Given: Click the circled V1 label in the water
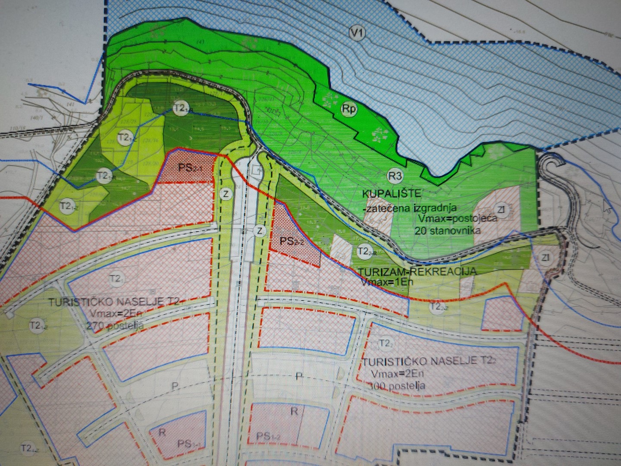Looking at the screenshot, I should pyautogui.click(x=356, y=33).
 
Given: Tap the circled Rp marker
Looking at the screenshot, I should pyautogui.click(x=349, y=109).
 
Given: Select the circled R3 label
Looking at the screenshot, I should pyautogui.click(x=395, y=176).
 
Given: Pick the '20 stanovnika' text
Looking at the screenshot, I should pyautogui.click(x=448, y=230).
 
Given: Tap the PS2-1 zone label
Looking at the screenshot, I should pyautogui.click(x=190, y=167).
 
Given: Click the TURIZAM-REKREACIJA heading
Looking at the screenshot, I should pyautogui.click(x=417, y=271).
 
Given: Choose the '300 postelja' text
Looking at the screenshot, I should pyautogui.click(x=397, y=386).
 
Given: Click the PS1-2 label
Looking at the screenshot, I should pyautogui.click(x=268, y=437).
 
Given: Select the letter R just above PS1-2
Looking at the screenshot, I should pyautogui.click(x=294, y=411).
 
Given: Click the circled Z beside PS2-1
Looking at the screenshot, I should pyautogui.click(x=226, y=194).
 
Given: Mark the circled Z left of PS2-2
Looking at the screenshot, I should pyautogui.click(x=260, y=231).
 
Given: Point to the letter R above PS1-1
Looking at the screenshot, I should pyautogui.click(x=162, y=432).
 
